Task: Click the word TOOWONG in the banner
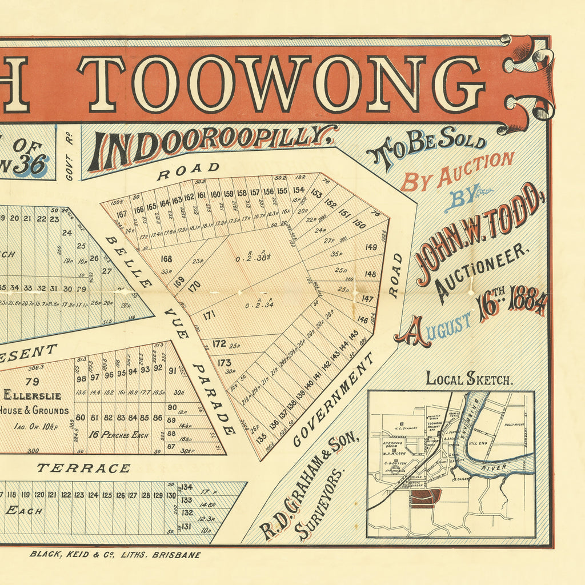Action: coord(280,83)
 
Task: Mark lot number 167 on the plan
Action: coord(121,215)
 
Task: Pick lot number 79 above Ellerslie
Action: coord(33,381)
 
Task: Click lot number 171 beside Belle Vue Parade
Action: coord(209,315)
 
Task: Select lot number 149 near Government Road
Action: coord(371,247)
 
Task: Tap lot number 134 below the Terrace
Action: coord(186,487)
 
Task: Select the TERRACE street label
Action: coord(83,468)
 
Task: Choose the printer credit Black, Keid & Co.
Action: coord(114,554)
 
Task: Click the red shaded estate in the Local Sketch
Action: coord(424,497)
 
